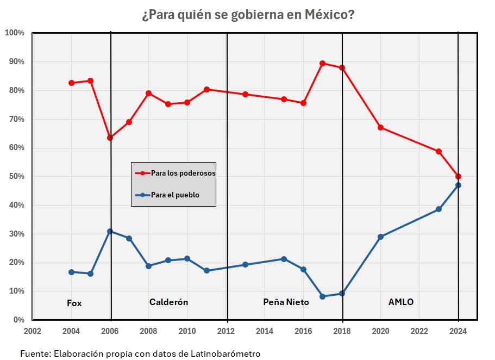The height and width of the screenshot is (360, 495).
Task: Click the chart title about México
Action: click(248, 15)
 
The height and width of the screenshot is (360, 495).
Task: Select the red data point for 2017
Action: click(322, 63)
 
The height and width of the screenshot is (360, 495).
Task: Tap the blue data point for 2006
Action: click(110, 231)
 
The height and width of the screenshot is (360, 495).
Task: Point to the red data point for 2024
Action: click(459, 176)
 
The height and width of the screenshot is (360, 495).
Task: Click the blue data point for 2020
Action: click(380, 237)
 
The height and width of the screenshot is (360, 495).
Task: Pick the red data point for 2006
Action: click(110, 138)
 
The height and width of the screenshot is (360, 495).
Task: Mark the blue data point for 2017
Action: click(322, 296)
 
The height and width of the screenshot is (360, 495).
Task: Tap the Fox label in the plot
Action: click(74, 303)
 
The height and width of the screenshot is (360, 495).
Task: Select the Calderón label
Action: click(168, 302)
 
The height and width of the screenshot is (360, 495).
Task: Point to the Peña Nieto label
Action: click(286, 302)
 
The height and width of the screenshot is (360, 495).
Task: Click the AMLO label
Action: click(401, 302)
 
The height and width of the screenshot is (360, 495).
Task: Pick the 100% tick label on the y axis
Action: click(14, 33)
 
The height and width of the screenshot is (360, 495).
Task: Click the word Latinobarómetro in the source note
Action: click(227, 353)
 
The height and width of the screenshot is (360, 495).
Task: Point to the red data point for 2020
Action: click(380, 127)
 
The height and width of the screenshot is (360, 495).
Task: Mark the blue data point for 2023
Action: click(438, 209)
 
